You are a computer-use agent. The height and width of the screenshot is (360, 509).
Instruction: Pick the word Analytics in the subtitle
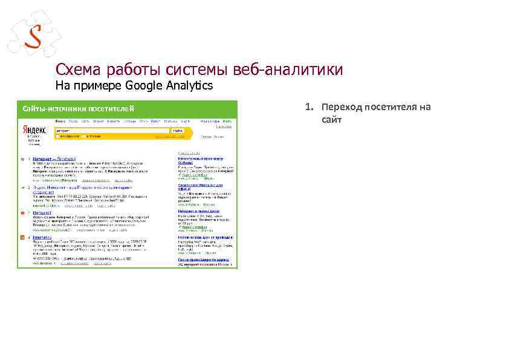187,86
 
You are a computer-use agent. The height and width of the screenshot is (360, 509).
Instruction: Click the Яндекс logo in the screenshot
34,130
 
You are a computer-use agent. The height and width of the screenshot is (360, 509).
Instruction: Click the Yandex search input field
112,130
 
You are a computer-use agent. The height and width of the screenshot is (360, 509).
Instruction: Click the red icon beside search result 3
22,213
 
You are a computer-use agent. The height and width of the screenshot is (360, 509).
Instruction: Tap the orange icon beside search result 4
22,238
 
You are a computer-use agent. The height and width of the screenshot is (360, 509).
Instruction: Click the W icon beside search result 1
22,159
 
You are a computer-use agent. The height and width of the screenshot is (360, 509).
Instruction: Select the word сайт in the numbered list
332,120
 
